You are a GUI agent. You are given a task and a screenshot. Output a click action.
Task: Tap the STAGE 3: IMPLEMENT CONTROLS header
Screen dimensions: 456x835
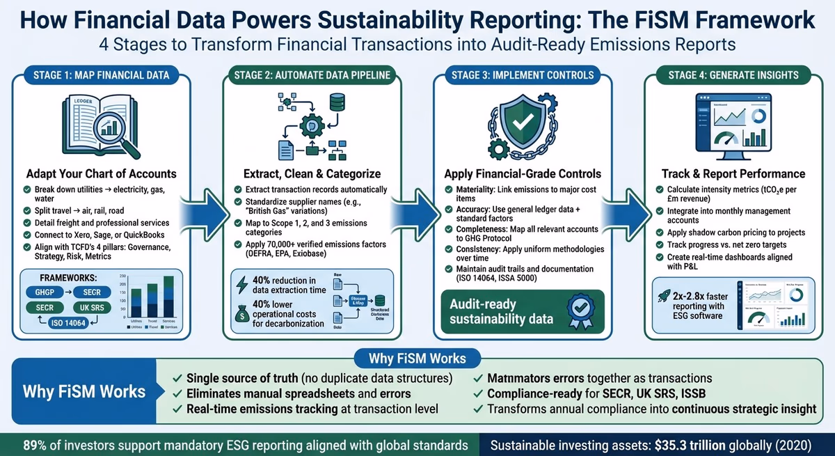point(524,74)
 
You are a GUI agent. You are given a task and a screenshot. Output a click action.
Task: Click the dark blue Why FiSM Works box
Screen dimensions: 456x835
point(84,391)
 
